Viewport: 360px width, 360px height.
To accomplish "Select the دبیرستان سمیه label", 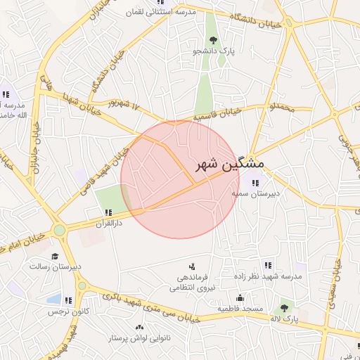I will coord(258,193).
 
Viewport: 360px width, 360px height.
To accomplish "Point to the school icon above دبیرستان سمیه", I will coord(255,183).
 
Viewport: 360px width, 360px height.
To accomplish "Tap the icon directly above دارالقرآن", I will coord(108,212).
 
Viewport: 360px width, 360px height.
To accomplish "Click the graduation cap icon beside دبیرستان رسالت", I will coord(55,257).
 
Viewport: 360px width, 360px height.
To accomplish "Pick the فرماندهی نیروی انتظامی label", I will coord(191,283).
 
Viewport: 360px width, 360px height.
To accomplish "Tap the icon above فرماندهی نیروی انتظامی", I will coord(191,266).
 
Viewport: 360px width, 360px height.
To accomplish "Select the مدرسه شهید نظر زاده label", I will coord(273,277).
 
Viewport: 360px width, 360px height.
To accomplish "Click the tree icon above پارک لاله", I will coord(284,308).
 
